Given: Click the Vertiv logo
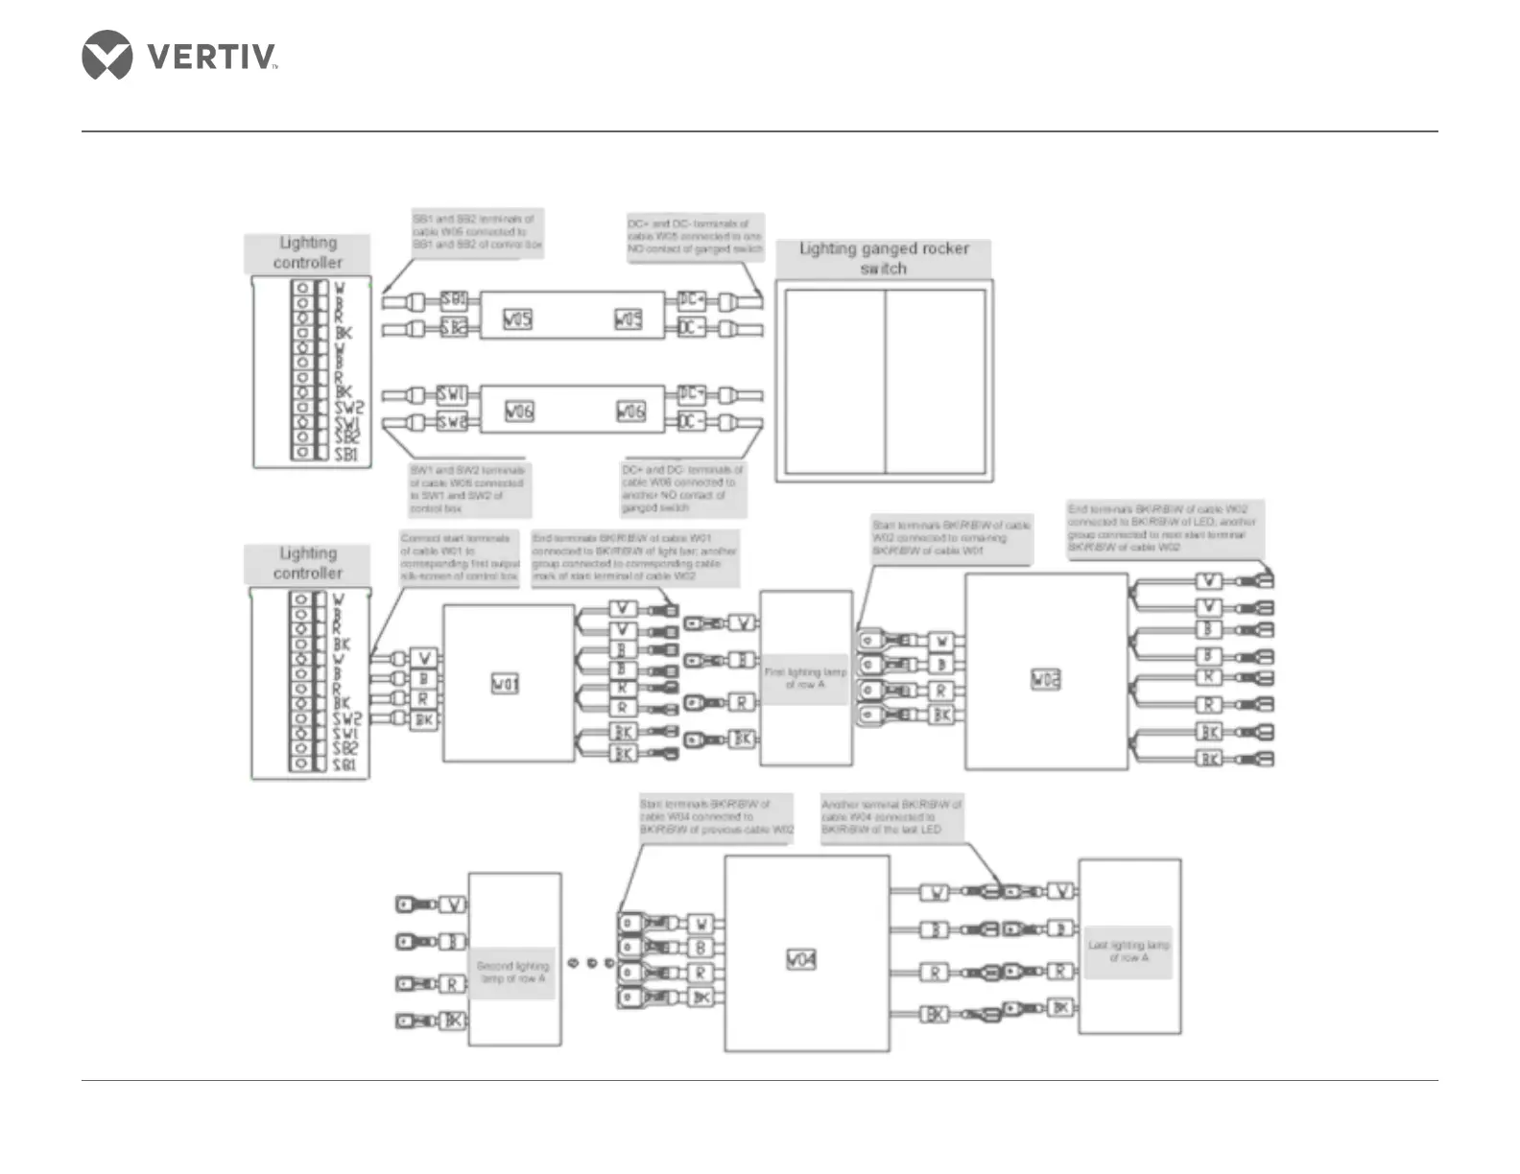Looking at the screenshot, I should tap(179, 56).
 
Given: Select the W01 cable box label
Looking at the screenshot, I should tap(505, 684).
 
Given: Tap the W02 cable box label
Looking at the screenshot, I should tap(1045, 680).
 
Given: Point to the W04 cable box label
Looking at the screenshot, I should tap(801, 959).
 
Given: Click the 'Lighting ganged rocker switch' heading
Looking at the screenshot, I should tap(884, 258).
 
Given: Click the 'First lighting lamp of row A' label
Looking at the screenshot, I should tap(805, 678).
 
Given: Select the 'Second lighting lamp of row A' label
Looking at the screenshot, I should tap(513, 972).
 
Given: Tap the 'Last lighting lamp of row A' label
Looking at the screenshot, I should tap(1128, 951).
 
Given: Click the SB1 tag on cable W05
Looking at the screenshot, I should tap(454, 300).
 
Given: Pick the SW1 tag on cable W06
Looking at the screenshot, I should tap(452, 394).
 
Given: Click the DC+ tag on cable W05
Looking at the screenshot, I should tap(691, 300).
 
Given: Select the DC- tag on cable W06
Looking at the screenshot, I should tap(691, 422).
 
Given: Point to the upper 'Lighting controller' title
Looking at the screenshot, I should tap(307, 252).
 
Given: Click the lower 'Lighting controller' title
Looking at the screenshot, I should tap(307, 563).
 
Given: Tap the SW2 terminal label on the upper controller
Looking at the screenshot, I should tap(348, 408).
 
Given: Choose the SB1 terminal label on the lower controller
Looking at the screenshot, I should tap(344, 765).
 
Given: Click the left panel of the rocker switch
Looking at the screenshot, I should tap(835, 381).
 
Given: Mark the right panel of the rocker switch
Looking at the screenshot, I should tap(936, 381).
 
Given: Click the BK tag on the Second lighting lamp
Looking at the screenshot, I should tap(454, 1021).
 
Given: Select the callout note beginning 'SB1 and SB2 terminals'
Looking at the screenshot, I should tap(477, 231).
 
